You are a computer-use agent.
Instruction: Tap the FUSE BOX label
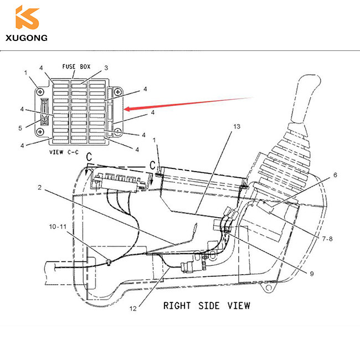tap(76, 66)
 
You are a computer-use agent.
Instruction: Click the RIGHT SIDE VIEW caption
tap(206, 305)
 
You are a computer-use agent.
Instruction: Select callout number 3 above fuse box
tap(105, 68)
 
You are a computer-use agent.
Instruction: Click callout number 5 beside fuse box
tap(20, 128)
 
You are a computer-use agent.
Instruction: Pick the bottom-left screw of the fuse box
tap(40, 132)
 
